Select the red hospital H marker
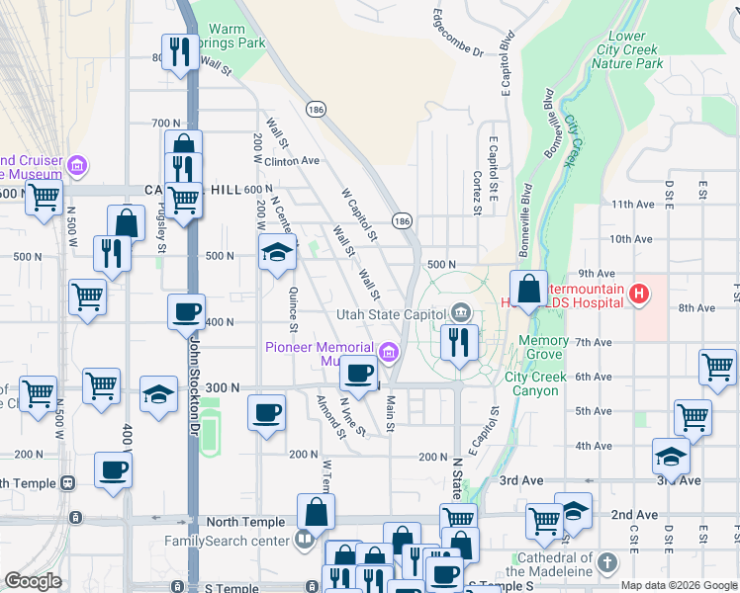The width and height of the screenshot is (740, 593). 640,294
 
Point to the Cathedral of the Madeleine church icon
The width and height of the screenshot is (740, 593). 606,563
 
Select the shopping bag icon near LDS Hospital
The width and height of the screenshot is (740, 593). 529,290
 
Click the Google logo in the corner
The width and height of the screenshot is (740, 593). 33,581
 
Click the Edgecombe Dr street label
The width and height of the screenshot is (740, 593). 457,33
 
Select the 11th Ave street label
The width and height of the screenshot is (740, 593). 633,204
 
